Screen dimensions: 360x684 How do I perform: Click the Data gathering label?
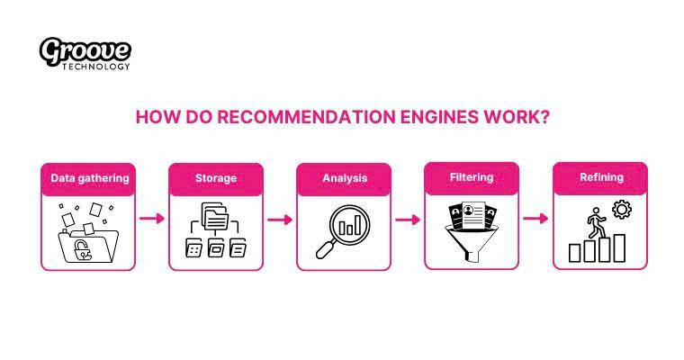89,178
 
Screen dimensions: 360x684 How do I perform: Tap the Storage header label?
216,178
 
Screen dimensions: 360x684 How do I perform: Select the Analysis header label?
345,178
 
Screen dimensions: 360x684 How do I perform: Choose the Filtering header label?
472,177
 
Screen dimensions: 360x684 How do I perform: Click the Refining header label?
600,177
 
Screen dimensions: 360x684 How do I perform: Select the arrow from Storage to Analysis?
281,219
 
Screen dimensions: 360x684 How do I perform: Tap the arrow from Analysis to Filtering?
409,219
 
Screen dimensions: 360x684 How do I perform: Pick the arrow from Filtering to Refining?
536,219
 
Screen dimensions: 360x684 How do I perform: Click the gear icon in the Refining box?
620,211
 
